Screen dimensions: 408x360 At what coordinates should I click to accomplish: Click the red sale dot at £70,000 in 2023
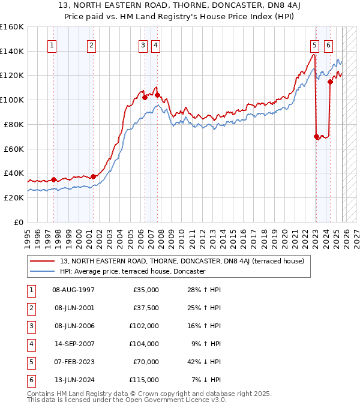[316, 136]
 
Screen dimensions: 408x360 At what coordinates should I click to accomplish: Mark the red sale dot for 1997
[53, 179]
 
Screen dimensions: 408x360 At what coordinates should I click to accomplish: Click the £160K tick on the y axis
[12, 27]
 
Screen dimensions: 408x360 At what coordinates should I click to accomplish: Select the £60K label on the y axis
[13, 149]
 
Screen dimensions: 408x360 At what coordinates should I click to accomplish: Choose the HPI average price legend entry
[133, 271]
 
